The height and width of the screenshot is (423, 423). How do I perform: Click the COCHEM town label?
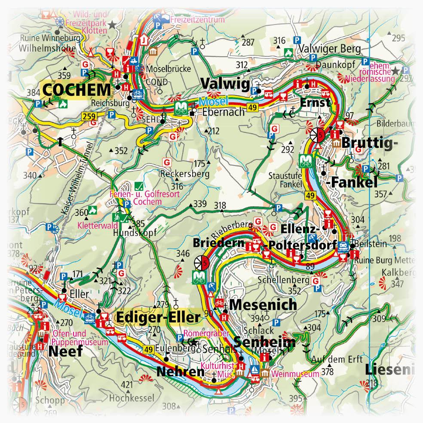(77, 90)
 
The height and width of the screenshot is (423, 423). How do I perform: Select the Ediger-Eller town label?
(157, 318)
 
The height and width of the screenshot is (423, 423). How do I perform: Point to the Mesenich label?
(263, 305)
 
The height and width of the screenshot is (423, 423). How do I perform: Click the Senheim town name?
(265, 342)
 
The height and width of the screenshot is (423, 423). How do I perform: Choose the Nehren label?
(180, 371)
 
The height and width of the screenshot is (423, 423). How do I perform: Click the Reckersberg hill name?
(184, 174)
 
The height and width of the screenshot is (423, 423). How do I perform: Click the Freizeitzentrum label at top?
(198, 19)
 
